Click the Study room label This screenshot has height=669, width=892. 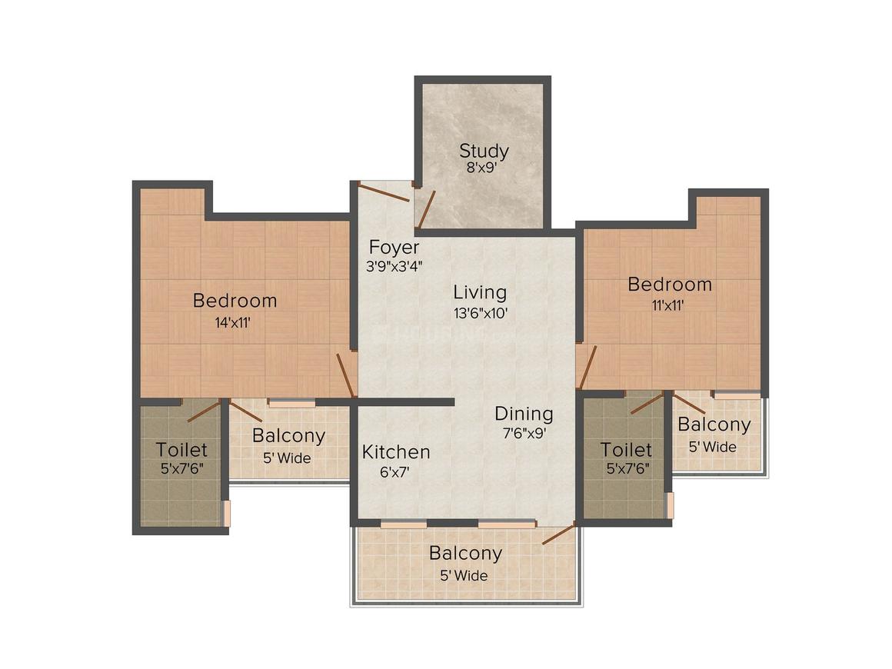[484, 151]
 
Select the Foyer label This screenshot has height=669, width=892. [394, 248]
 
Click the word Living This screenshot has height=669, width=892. [479, 292]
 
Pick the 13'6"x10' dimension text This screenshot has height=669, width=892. [479, 313]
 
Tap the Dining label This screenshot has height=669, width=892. [524, 414]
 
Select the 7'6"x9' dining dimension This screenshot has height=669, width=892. [524, 433]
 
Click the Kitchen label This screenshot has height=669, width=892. [396, 451]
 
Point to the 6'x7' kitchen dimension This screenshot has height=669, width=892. [396, 472]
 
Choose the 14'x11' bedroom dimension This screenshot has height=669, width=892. [235, 322]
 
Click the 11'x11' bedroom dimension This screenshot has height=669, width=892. [669, 305]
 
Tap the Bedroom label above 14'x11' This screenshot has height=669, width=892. [235, 300]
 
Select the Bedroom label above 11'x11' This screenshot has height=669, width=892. [670, 285]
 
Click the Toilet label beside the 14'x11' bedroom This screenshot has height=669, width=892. [181, 450]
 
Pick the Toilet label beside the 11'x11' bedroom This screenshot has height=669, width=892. [626, 450]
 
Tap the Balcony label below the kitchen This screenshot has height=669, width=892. [465, 553]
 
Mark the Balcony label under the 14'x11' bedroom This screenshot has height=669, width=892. [288, 436]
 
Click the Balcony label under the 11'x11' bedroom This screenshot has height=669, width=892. [714, 424]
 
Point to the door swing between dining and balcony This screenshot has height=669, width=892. [558, 534]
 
